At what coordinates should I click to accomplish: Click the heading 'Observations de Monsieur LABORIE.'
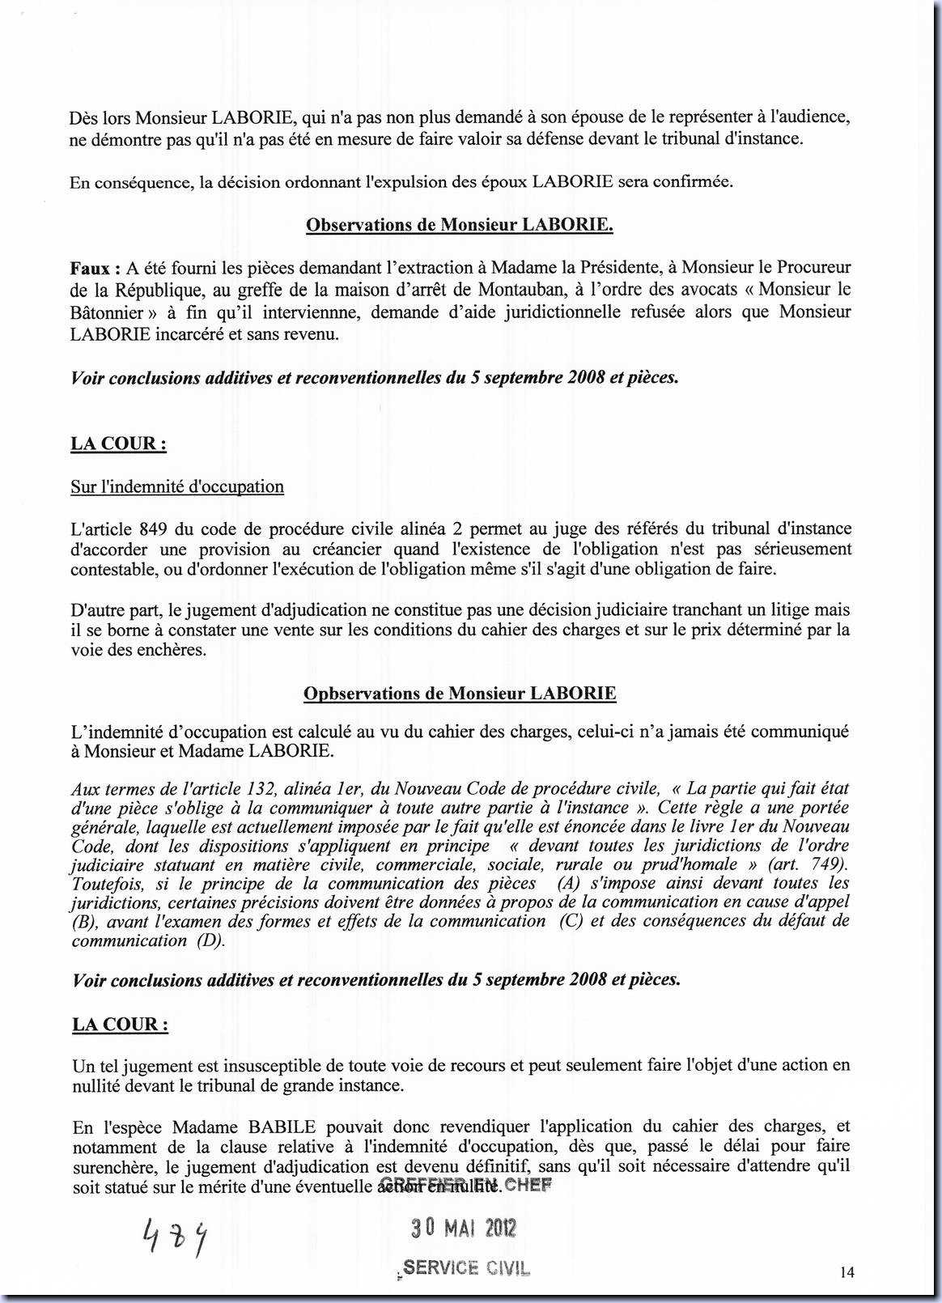click(459, 225)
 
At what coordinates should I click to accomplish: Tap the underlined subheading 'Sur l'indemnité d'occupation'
click(177, 486)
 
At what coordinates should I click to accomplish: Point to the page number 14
click(847, 1272)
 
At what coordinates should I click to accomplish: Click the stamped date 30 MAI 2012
click(463, 1229)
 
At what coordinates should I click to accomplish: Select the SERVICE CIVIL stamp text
click(465, 1268)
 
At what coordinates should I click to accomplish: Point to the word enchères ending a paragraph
click(172, 650)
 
